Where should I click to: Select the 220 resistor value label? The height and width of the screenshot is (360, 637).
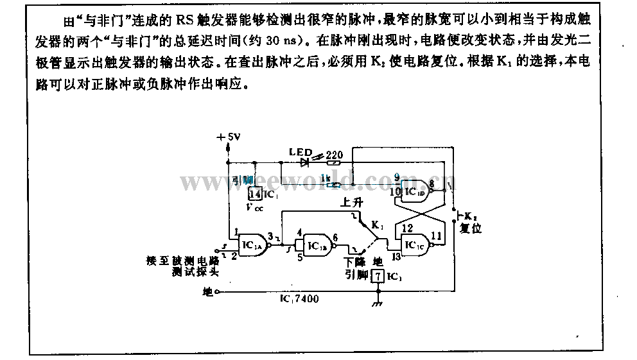(x=335, y=153)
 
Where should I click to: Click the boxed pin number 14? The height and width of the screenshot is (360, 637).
(x=255, y=194)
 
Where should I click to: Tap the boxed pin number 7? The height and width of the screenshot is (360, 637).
(x=379, y=277)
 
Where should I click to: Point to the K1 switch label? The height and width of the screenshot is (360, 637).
(x=377, y=226)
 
